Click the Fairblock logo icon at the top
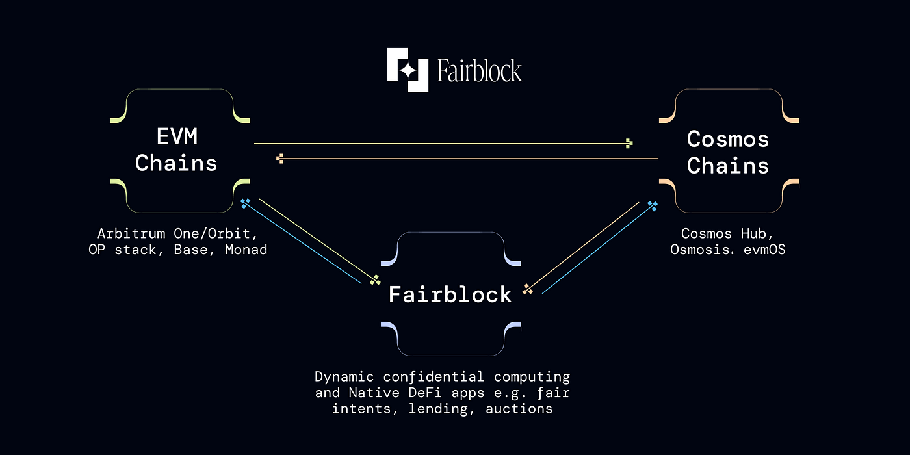click(408, 70)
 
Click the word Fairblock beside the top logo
click(479, 70)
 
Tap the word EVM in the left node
click(177, 137)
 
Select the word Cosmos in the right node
click(727, 139)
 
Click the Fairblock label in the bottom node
click(450, 294)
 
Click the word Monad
click(246, 250)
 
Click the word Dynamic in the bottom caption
click(344, 377)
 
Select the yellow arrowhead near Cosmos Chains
click(629, 143)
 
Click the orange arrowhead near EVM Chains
click(280, 158)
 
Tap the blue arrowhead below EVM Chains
click(244, 203)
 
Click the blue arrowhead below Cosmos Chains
click(652, 205)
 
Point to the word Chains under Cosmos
click(727, 166)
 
